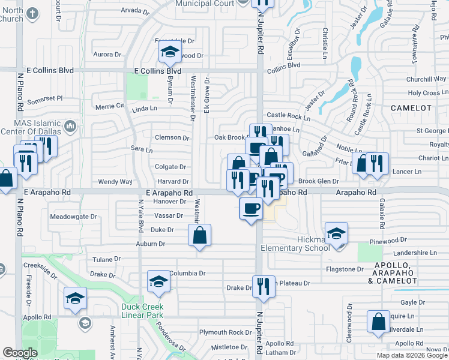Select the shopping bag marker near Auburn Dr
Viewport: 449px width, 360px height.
tap(200, 235)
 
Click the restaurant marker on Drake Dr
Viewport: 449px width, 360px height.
tap(264, 286)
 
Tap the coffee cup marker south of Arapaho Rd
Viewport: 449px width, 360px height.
tap(250, 209)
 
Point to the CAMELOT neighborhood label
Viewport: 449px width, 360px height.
tap(411, 108)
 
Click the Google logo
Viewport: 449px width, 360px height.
tap(20, 353)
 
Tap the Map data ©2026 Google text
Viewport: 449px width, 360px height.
tap(411, 355)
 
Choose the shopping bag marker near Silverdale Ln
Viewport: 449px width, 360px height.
tap(379, 322)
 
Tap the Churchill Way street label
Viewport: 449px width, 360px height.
tap(426, 79)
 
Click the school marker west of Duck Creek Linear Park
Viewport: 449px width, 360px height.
tap(75, 298)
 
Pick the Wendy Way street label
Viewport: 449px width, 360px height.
tap(115, 181)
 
